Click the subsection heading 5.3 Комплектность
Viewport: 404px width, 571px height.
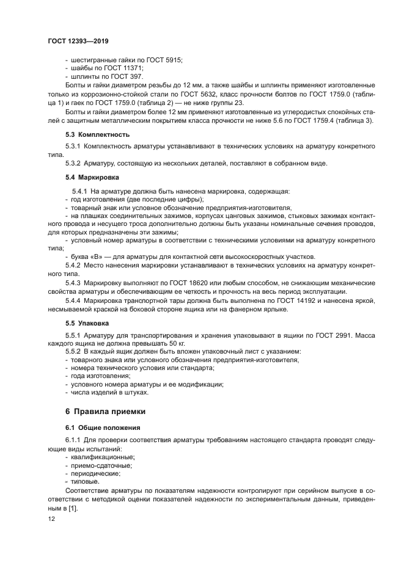coord(97,134)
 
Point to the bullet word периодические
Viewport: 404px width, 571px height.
coord(95,473)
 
